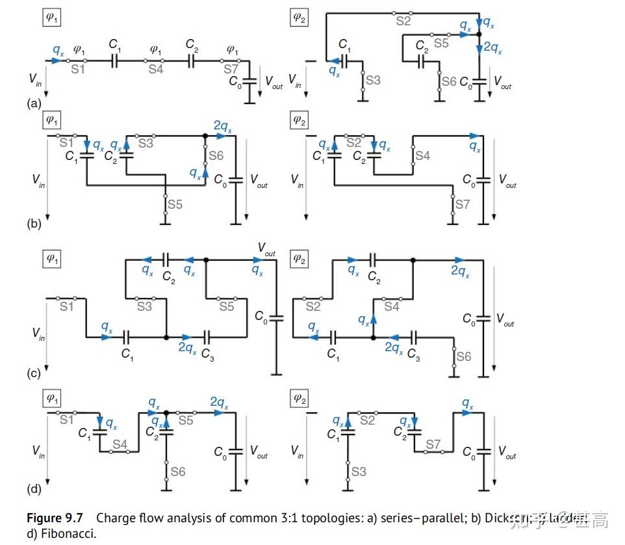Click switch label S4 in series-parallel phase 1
click(155, 70)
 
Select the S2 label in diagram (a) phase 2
click(404, 21)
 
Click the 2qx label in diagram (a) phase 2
click(491, 47)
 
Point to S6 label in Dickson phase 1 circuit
click(216, 156)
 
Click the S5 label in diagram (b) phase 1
click(175, 204)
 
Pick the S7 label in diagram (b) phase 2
click(462, 204)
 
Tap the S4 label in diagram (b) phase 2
click(422, 156)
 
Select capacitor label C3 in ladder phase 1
click(207, 354)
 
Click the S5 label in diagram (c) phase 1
click(226, 306)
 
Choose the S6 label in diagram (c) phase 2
click(463, 356)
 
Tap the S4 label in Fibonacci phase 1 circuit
click(120, 445)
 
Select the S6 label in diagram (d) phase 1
click(177, 471)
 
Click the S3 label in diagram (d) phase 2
click(358, 471)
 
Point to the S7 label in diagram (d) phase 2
click(434, 445)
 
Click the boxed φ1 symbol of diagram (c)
click(52, 259)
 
